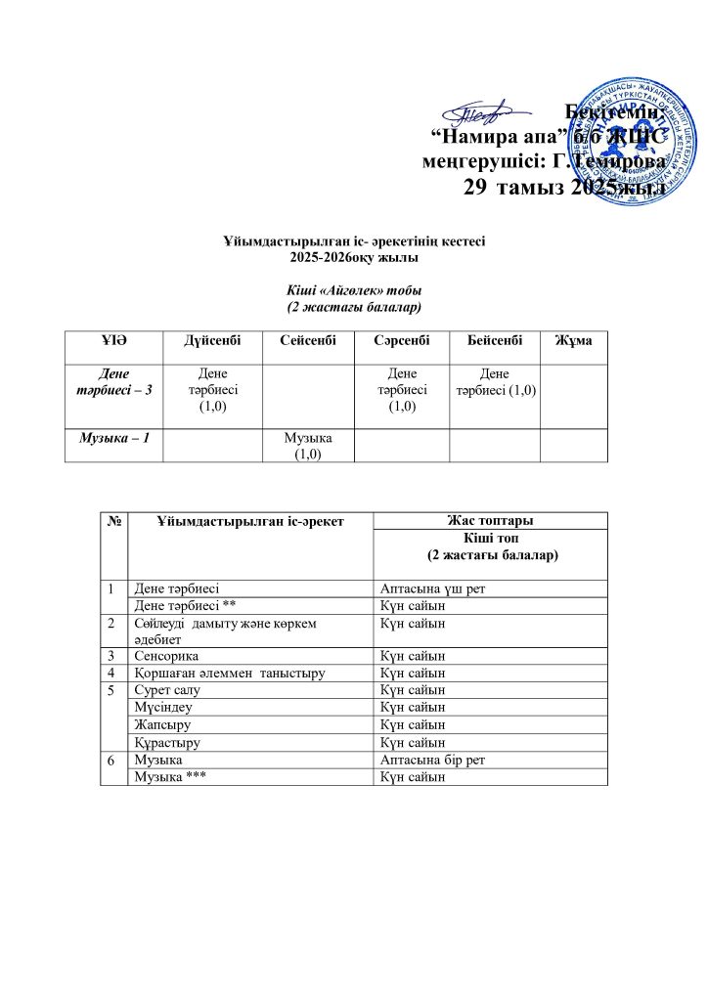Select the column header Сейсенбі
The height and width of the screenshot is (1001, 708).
[308, 340]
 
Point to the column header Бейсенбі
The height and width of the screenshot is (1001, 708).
[494, 340]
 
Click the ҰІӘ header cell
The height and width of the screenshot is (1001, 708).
[114, 340]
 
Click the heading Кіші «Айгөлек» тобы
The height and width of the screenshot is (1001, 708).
[353, 290]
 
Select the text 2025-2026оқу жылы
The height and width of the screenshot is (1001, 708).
[354, 257]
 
